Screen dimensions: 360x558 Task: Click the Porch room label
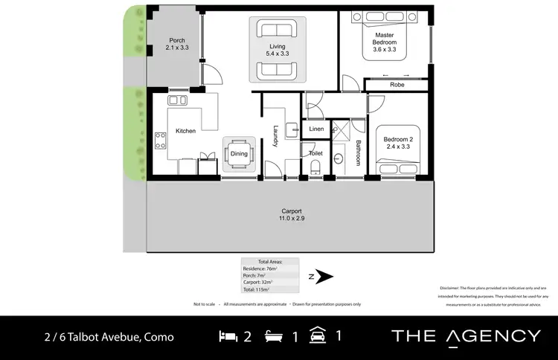(176, 44)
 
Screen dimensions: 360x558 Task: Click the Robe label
(397, 86)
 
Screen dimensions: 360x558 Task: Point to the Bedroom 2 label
(398, 142)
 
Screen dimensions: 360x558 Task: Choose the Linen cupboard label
(315, 130)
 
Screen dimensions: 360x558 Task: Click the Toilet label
(315, 152)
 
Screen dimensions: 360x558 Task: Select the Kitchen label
(185, 131)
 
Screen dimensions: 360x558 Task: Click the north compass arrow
(324, 277)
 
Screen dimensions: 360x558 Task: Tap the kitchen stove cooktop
(159, 140)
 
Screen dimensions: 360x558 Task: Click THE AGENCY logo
(466, 336)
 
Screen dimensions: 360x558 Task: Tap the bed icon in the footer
(228, 336)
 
